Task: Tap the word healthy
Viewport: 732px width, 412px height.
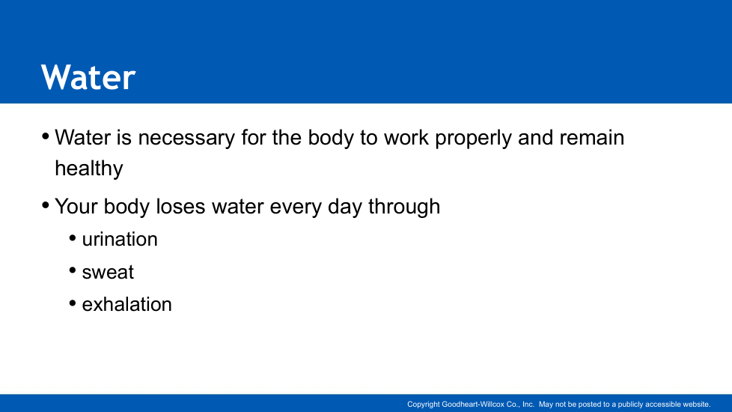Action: (89, 169)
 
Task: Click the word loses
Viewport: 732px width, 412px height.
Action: (180, 207)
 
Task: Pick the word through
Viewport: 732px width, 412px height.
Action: (404, 207)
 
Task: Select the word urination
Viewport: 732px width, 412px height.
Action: (120, 240)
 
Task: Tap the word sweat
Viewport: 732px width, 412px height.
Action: (108, 273)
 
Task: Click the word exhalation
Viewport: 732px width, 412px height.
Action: (127, 305)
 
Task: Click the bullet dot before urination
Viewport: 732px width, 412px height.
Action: (73, 238)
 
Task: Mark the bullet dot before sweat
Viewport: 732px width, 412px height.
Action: (73, 270)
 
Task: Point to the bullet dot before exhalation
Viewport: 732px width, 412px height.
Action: (73, 303)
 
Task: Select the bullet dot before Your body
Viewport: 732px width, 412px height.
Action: (46, 205)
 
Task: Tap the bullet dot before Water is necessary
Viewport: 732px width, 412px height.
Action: (46, 136)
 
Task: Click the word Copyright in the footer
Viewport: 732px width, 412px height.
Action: (424, 405)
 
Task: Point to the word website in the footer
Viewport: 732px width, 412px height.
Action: (697, 404)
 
